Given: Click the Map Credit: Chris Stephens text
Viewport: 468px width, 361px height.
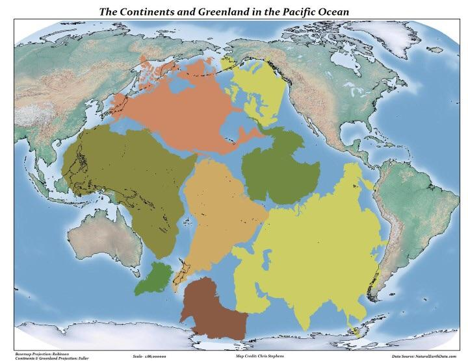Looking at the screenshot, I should [253, 356].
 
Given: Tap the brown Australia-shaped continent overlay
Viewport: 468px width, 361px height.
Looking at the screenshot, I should [214, 308].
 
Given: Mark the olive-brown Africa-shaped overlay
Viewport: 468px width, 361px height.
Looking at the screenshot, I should [123, 175].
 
